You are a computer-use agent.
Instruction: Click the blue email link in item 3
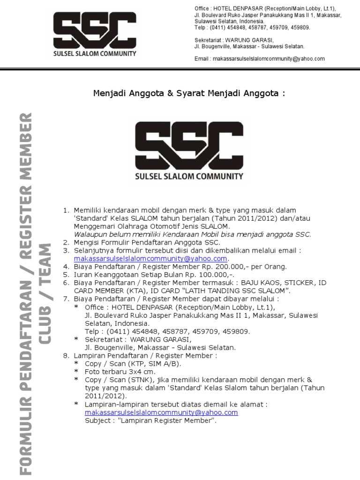(150, 258)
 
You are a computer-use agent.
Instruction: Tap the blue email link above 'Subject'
(161, 412)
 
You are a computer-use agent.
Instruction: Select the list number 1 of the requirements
(66, 210)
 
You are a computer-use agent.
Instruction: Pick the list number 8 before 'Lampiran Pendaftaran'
(66, 355)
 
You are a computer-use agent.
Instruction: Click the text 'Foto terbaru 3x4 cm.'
(120, 371)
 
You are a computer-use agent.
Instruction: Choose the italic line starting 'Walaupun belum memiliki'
(192, 234)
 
